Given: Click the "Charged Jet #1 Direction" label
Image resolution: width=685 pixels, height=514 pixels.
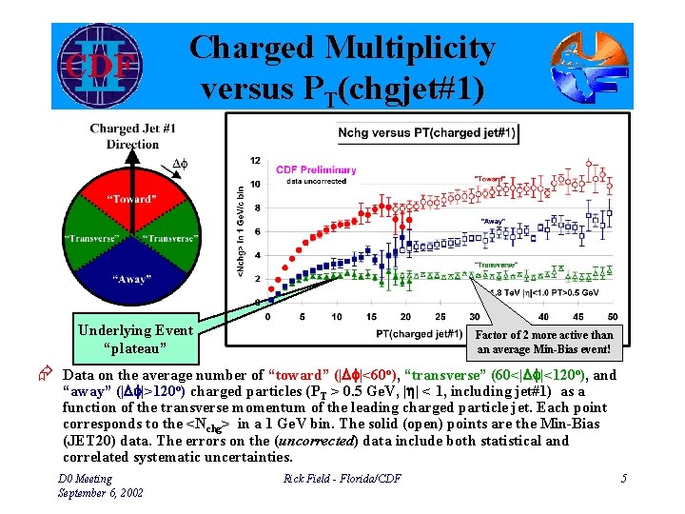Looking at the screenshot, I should click(132, 137).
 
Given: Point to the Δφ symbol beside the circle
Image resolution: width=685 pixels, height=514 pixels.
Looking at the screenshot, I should click(182, 165).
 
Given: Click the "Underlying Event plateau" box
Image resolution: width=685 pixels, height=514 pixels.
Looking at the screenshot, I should click(135, 338).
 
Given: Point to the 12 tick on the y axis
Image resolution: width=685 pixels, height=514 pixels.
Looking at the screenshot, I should click(255, 161).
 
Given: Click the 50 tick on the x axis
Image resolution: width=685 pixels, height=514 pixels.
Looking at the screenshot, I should click(611, 317).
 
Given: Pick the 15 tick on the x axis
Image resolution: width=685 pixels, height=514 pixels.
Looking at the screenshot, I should click(369, 317).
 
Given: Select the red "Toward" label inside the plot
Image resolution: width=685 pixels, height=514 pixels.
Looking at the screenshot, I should click(490, 178).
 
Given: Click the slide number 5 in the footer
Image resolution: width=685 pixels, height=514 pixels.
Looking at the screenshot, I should click(623, 479).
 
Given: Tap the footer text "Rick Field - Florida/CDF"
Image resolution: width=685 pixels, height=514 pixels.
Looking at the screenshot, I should click(342, 479).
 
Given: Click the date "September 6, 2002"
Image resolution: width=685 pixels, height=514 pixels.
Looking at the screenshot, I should click(101, 493).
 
